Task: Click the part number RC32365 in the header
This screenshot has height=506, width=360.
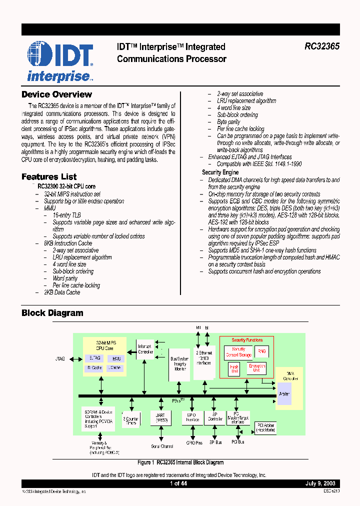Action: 322,46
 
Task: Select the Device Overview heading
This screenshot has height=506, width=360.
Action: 56,94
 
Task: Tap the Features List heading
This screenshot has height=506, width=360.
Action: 49,176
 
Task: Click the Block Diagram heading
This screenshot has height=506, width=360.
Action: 52,313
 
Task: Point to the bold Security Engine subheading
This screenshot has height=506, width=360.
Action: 220,172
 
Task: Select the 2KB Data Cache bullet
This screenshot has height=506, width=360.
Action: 62,292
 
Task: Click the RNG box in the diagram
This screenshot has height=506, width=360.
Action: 261,351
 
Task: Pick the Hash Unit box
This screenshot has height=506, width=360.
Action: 234,369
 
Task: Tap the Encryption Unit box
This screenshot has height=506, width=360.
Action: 256,369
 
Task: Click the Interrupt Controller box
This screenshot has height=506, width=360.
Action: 145,349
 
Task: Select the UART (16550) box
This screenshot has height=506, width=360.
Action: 161,418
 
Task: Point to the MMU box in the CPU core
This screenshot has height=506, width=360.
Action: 116,358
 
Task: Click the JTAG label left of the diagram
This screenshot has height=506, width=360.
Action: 60,359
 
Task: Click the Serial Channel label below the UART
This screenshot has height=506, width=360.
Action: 162,446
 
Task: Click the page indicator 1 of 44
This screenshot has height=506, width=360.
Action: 178,483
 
